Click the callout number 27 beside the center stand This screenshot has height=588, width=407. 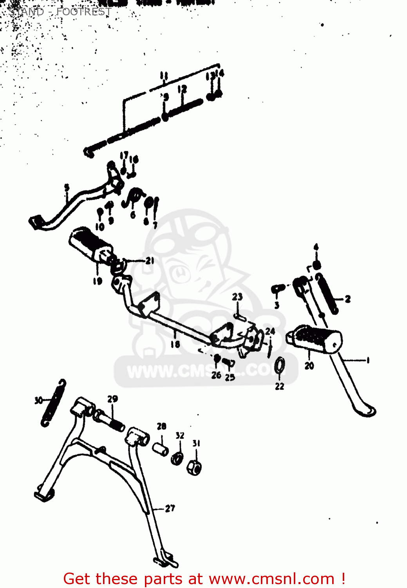click(170, 508)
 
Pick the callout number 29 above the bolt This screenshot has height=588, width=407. click(112, 399)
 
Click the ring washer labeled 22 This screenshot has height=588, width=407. click(280, 365)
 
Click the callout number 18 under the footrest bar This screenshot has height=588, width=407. click(175, 344)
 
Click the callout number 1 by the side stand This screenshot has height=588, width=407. click(367, 360)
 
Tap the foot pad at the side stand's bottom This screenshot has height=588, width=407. click(365, 410)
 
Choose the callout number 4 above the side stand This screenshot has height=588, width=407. click(316, 247)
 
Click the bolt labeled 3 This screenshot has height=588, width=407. click(277, 289)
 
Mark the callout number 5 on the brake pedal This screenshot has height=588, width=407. click(67, 187)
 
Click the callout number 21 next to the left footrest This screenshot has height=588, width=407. click(150, 261)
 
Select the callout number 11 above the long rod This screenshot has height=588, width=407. click(164, 76)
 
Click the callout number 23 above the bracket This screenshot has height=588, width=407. click(237, 297)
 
